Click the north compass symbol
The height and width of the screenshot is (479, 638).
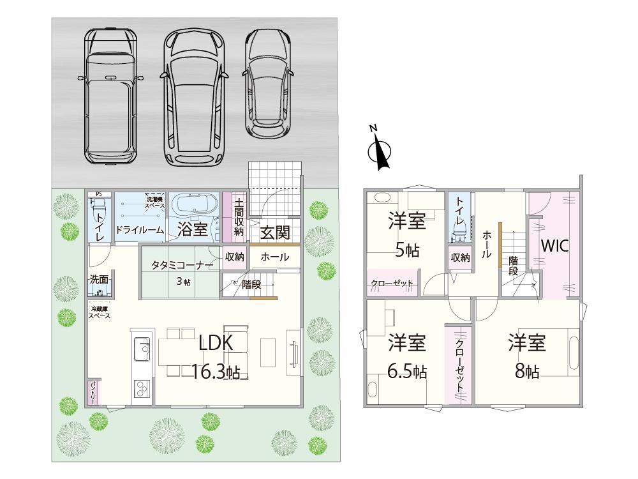point(382,151)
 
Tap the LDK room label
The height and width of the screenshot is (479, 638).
point(216,343)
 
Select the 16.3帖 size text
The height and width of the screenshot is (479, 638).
point(216,372)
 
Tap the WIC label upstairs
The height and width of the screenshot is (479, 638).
point(555,245)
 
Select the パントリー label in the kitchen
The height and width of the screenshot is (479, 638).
point(93,392)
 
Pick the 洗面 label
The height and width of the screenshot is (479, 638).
point(99,279)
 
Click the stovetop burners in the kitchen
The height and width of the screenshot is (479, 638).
point(142,388)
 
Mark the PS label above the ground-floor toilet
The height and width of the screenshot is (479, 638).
point(98,194)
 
